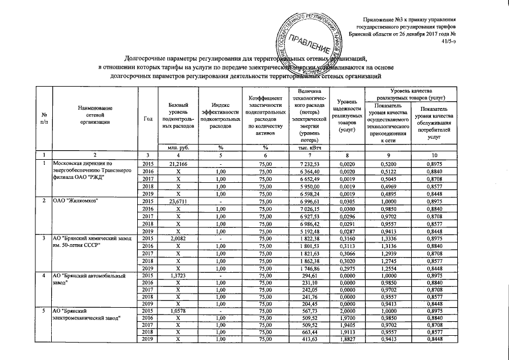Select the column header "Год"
tap(148, 118)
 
